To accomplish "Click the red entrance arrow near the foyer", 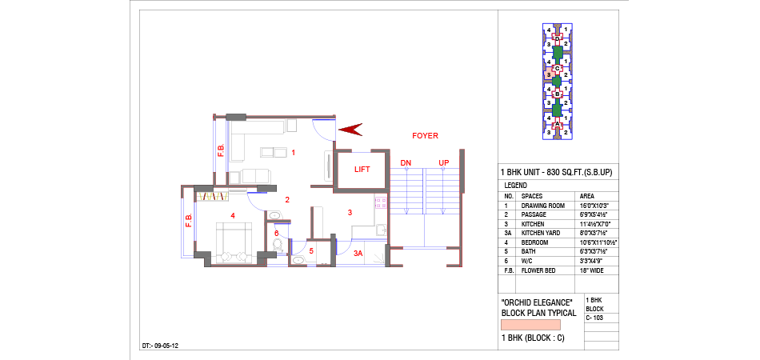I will (x=350, y=130).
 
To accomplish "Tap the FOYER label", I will (x=425, y=136).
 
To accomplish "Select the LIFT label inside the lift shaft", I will (x=362, y=170).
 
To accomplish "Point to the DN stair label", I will (x=406, y=164).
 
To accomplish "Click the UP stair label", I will (x=444, y=164).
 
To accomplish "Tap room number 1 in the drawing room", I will (x=293, y=152).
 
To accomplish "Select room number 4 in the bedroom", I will (x=233, y=215).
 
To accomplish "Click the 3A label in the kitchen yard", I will (x=358, y=254).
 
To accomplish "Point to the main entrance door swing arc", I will (x=322, y=133).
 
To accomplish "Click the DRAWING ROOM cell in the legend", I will (x=543, y=206).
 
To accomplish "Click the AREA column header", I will (x=588, y=196).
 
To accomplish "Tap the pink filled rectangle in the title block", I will (x=530, y=325).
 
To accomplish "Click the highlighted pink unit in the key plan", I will (x=549, y=74).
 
